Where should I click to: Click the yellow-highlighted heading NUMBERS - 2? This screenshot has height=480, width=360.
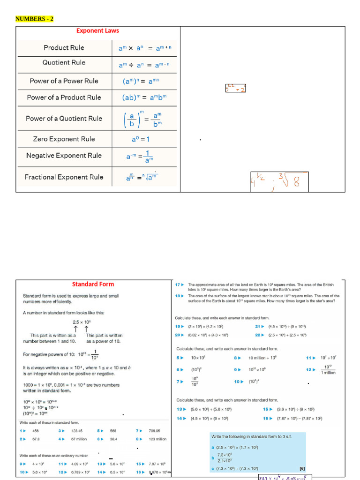click(35, 19)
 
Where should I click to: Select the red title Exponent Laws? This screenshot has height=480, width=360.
click(97, 31)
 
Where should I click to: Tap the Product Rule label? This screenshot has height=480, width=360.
click(64, 48)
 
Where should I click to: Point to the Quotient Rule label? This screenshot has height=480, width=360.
click(64, 63)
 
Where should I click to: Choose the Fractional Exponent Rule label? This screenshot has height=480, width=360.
click(64, 177)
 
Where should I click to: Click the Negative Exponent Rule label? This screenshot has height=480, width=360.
click(64, 156)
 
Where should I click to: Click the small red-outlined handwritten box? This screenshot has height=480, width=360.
click(235, 88)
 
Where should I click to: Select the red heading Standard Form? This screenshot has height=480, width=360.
click(93, 284)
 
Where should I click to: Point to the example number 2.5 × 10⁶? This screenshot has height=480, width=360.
click(82, 322)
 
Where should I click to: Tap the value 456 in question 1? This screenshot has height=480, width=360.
click(36, 431)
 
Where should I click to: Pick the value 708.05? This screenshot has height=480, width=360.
click(154, 431)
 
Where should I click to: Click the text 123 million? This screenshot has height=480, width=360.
click(157, 439)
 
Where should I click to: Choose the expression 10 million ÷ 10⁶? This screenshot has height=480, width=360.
click(262, 358)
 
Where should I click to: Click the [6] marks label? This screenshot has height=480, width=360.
click(302, 468)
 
